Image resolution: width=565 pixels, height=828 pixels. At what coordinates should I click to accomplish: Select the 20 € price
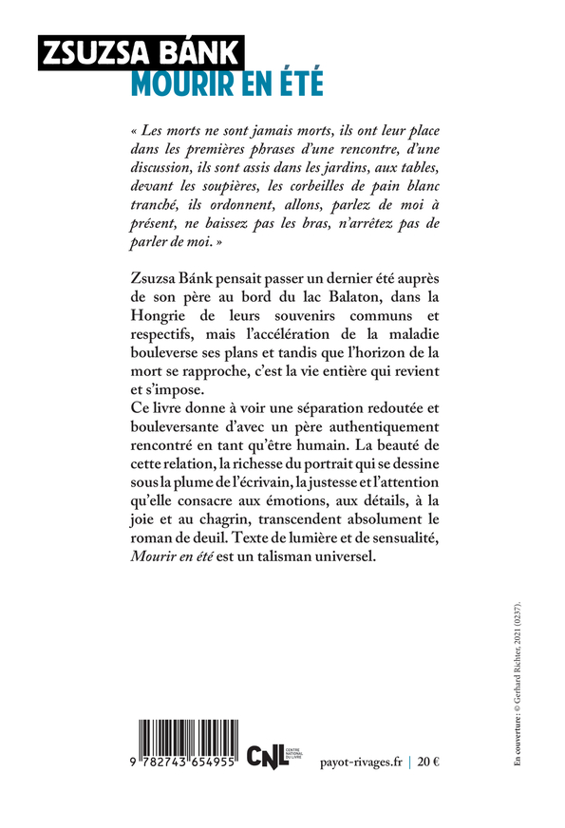(x=428, y=761)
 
